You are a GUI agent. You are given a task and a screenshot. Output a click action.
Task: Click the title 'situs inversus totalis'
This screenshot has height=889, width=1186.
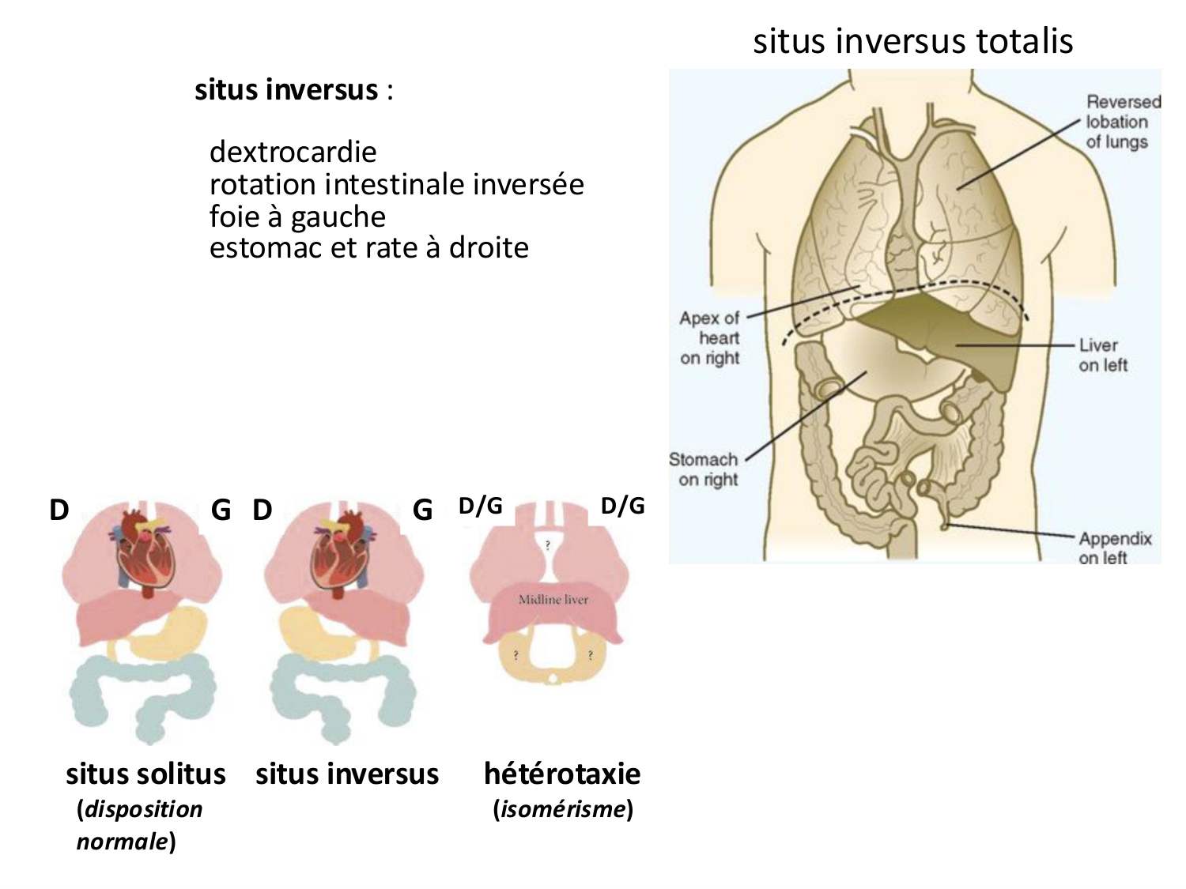point(912,41)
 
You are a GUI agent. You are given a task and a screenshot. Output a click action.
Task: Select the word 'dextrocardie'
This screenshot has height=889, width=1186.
point(293,152)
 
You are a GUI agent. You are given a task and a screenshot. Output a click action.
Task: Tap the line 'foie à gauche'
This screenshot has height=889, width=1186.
point(297,217)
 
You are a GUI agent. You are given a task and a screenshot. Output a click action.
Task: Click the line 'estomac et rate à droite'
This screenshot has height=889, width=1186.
point(368,248)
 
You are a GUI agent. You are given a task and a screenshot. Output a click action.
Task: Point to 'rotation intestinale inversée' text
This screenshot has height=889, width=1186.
point(396,184)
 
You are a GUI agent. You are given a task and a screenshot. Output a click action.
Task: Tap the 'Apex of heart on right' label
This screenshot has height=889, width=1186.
point(710,338)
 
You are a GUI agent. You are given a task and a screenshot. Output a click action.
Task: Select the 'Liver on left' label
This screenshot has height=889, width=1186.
point(1102,355)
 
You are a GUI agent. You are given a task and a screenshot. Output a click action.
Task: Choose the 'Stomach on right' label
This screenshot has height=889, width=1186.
point(704,469)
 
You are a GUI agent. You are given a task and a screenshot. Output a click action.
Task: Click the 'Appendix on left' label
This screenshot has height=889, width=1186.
point(1113,548)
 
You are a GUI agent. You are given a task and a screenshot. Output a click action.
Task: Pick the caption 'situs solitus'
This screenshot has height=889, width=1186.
point(145,774)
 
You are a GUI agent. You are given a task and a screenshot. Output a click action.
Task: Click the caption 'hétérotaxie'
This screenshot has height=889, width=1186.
point(562,774)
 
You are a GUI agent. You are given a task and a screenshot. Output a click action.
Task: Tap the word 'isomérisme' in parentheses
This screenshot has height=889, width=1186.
point(562,809)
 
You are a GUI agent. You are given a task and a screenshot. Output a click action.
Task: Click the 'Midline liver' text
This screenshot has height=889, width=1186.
point(553,600)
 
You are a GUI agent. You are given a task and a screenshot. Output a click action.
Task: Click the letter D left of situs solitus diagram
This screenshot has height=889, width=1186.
point(59,510)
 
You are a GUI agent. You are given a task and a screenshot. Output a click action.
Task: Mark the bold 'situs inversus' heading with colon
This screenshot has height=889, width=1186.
point(293,90)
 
